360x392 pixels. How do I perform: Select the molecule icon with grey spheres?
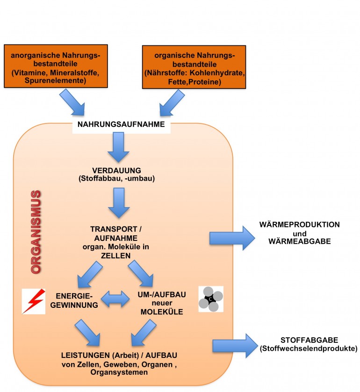pyautogui.click(x=210, y=299)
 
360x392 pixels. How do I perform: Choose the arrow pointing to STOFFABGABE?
pyautogui.click(x=235, y=344)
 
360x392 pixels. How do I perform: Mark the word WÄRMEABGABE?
pyautogui.click(x=299, y=241)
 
